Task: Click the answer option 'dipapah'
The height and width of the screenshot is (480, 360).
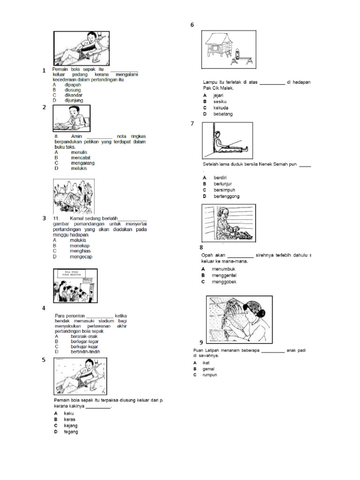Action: click(x=73, y=85)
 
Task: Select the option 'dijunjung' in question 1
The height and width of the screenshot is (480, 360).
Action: click(x=74, y=100)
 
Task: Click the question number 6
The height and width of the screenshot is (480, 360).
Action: click(x=192, y=25)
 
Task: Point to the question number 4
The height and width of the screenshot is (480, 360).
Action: click(x=44, y=308)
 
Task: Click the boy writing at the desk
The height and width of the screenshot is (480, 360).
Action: click(x=71, y=117)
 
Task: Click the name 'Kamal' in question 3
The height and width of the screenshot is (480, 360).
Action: click(x=77, y=218)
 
